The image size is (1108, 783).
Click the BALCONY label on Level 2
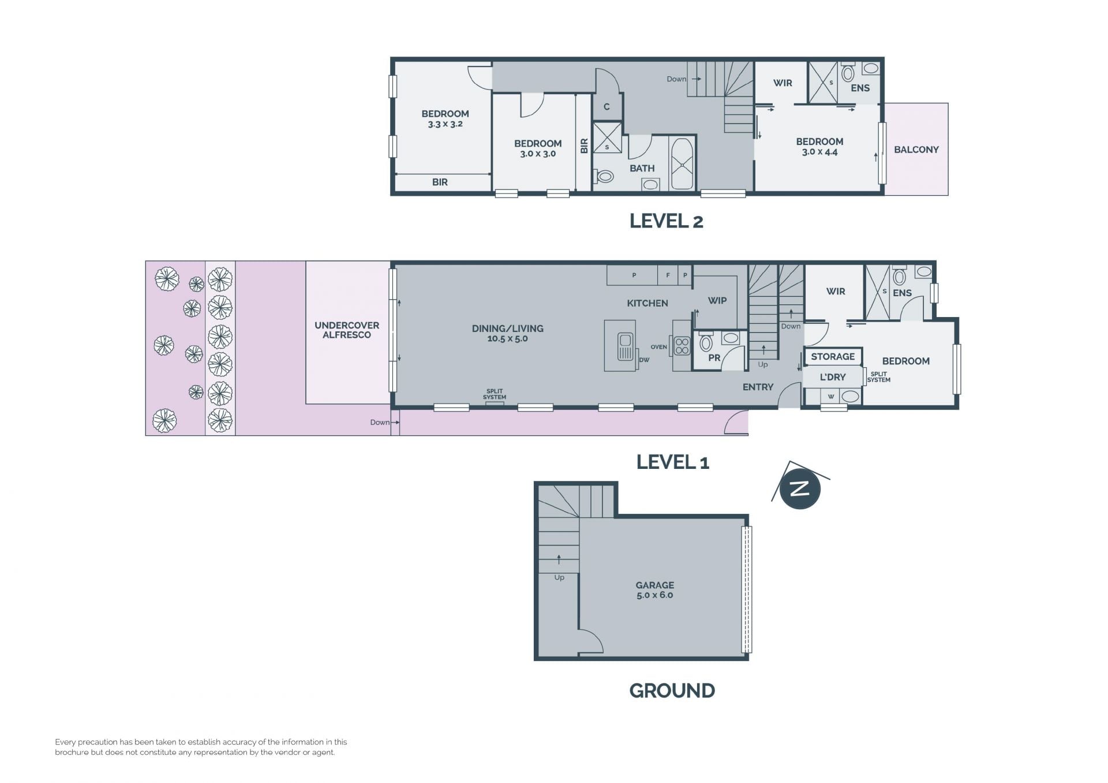[x=916, y=150]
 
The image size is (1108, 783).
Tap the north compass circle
[x=800, y=489]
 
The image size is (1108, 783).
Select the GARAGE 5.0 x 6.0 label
[x=655, y=590]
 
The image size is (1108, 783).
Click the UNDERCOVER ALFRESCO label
[x=347, y=330]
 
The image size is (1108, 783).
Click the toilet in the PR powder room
[x=706, y=342]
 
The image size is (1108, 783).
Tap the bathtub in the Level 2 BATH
[x=682, y=163]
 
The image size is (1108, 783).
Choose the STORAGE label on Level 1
[x=833, y=356]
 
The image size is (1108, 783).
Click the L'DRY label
[x=833, y=376]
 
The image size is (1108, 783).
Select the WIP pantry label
[x=717, y=300]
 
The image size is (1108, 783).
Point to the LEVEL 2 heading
[x=667, y=221]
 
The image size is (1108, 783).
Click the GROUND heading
[x=672, y=691]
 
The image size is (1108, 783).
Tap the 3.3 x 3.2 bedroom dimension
[x=445, y=124]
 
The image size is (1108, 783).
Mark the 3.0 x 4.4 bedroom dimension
[x=819, y=152]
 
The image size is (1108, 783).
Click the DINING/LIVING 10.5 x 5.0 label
[x=508, y=333]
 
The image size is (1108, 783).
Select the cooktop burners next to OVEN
[x=682, y=345]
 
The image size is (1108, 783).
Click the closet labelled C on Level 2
[x=607, y=107]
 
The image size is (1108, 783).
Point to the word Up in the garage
[x=559, y=577]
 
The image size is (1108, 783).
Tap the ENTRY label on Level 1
[x=758, y=387]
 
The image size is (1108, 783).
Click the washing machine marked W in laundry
[x=830, y=396]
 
